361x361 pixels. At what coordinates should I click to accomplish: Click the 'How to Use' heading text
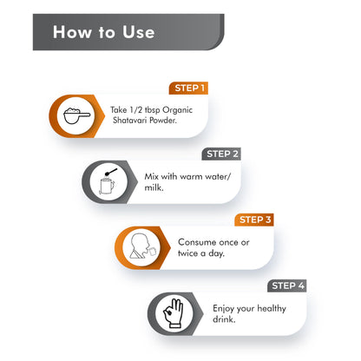(x=103, y=32)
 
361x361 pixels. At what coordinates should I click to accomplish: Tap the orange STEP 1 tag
(x=188, y=89)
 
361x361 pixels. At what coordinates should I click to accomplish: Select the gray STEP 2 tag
(x=221, y=154)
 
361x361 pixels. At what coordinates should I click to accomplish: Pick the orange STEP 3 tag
(x=254, y=220)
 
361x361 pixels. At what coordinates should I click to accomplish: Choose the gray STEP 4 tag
(x=287, y=286)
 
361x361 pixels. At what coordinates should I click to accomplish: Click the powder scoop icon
(x=76, y=115)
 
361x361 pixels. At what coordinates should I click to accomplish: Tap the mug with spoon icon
(x=108, y=181)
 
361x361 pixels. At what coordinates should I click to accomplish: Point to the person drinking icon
(x=143, y=246)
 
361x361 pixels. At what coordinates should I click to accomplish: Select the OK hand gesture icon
(x=174, y=313)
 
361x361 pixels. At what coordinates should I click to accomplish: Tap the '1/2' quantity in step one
(x=136, y=110)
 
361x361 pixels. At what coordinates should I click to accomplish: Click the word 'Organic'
(x=177, y=110)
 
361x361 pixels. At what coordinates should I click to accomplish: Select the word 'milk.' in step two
(x=154, y=187)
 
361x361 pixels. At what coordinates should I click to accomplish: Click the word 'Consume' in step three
(x=197, y=242)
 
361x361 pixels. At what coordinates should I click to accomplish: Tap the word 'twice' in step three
(x=187, y=253)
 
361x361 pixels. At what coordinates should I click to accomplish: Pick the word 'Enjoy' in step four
(x=223, y=309)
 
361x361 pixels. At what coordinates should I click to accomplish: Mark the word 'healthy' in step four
(x=272, y=308)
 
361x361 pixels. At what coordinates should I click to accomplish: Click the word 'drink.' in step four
(x=224, y=319)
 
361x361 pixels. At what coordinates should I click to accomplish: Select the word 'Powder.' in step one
(x=163, y=120)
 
